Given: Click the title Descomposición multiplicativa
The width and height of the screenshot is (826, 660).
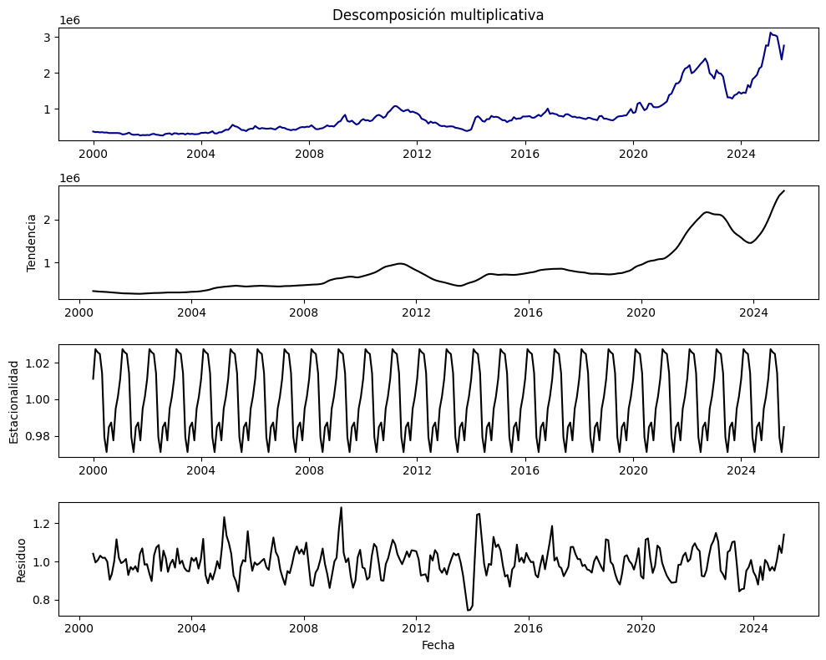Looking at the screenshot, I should tap(438, 15).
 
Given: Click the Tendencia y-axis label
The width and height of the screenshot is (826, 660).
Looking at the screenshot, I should tap(32, 242).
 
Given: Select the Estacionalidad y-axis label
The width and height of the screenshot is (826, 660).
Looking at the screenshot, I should tap(14, 400).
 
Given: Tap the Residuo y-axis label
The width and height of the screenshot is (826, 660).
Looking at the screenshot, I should tap(22, 560).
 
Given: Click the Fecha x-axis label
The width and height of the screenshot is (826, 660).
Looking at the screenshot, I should tap(438, 645).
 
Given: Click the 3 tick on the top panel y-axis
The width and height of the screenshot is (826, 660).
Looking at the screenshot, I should tap(50, 37).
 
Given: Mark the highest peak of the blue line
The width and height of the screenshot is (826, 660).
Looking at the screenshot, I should tap(771, 33).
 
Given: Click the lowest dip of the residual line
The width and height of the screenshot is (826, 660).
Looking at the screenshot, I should tap(469, 611).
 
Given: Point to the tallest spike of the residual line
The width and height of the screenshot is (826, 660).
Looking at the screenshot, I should tap(341, 507).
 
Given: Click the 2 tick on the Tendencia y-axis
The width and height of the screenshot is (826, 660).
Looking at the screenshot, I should tap(50, 220).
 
